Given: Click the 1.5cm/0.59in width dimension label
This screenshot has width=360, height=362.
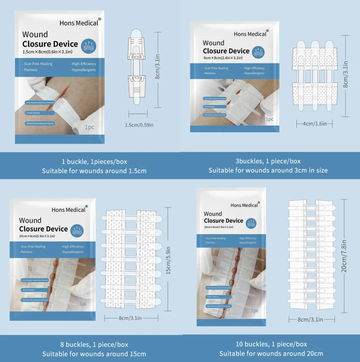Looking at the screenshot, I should [x=139, y=125].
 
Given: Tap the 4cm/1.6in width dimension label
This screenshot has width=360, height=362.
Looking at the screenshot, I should [x=314, y=124].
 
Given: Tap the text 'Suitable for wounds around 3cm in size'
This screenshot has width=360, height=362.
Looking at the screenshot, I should [x=268, y=170].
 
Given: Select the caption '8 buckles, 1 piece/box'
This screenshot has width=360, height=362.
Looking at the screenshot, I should [x=94, y=345].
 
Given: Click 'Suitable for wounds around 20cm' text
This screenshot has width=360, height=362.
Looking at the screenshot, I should [x=271, y=353].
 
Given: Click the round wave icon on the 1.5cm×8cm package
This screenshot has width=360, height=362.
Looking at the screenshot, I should [x=88, y=46].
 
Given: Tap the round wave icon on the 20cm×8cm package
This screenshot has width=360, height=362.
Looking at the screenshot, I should [x=251, y=223].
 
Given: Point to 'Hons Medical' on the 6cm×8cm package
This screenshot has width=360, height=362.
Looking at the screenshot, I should [x=250, y=34].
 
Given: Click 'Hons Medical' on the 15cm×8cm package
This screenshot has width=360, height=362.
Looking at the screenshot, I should [x=68, y=210].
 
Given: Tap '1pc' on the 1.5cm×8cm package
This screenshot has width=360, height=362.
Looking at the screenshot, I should [x=89, y=127].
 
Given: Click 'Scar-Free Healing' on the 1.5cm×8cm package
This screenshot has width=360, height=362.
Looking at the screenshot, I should [x=38, y=64].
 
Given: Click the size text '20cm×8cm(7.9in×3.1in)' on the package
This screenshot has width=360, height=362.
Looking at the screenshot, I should [x=218, y=227].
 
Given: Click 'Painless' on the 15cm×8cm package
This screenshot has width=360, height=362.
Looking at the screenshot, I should [x=27, y=252].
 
